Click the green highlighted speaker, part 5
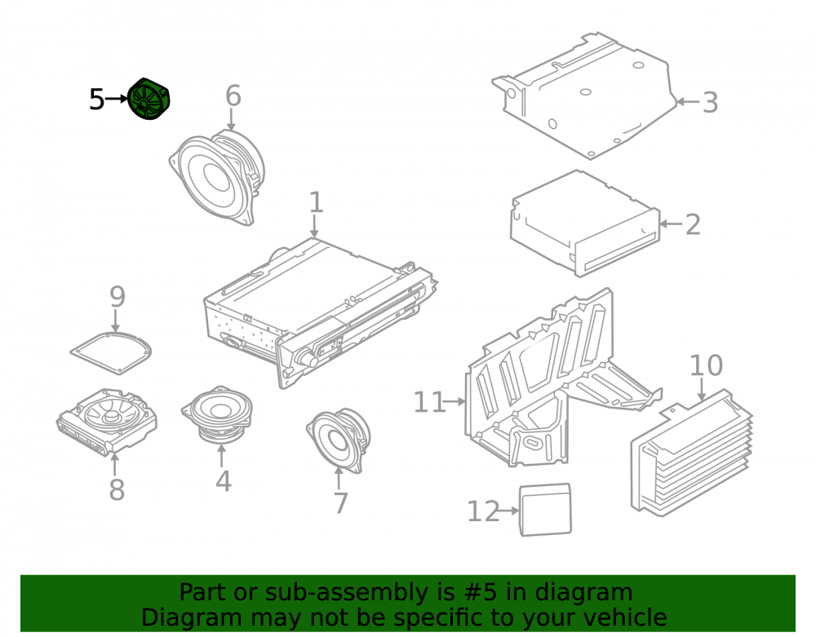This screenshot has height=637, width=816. pyautogui.click(x=149, y=99)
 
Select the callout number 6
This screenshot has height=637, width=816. pyautogui.click(x=233, y=96)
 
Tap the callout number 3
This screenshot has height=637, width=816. pyautogui.click(x=711, y=103)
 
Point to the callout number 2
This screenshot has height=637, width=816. pyautogui.click(x=693, y=224)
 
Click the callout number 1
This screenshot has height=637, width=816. pyautogui.click(x=316, y=202)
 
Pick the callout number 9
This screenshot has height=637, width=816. pyautogui.click(x=118, y=296)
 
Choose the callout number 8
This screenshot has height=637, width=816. pyautogui.click(x=117, y=490)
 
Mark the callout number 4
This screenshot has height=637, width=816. pyautogui.click(x=224, y=481)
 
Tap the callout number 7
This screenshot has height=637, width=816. pyautogui.click(x=340, y=503)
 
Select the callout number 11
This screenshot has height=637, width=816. pyautogui.click(x=429, y=402)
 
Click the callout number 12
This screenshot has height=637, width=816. pyautogui.click(x=483, y=511)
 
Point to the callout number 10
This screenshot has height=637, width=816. pyautogui.click(x=706, y=365)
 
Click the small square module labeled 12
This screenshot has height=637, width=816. pyautogui.click(x=545, y=510)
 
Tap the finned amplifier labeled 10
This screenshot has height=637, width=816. pyautogui.click(x=692, y=453)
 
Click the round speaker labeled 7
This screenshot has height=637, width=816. pyautogui.click(x=339, y=440)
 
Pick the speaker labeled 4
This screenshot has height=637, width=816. pyautogui.click(x=218, y=414)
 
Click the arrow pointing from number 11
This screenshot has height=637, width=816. pyautogui.click(x=456, y=401)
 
